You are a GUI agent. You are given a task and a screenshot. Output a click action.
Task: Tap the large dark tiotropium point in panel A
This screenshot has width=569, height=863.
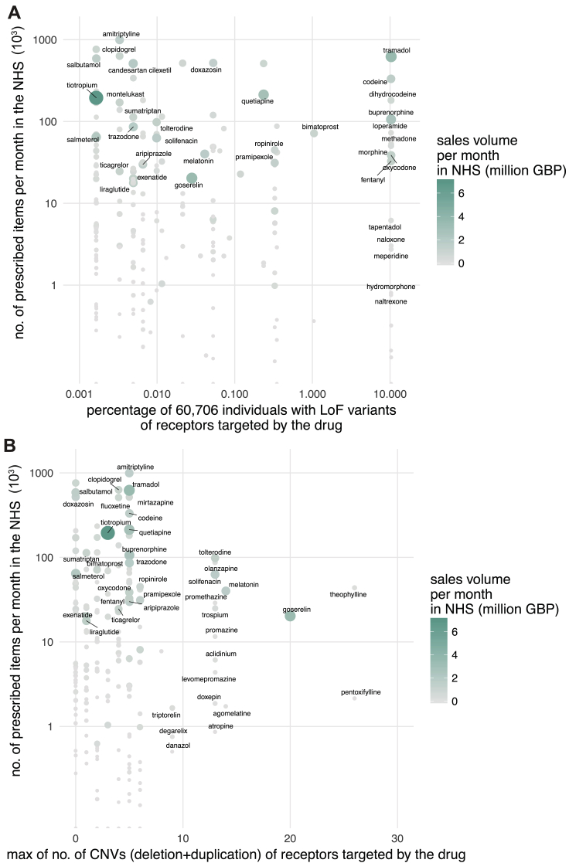pyautogui.click(x=96, y=97)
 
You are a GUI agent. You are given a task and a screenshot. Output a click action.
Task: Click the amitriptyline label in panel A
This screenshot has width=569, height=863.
pyautogui.click(x=121, y=34)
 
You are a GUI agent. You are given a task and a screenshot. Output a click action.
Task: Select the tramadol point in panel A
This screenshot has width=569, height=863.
pyautogui.click(x=390, y=56)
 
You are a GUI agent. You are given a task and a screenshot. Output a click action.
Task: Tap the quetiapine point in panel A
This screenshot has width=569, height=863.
pyautogui.click(x=264, y=94)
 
